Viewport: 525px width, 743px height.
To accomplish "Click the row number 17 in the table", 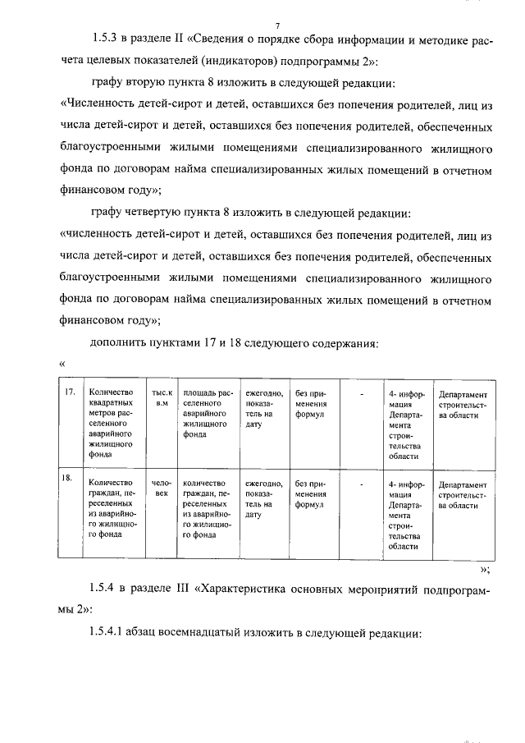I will point(71,392).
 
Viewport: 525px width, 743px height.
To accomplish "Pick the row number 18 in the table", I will point(71,476).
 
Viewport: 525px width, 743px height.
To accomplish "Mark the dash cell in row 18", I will point(362,484).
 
